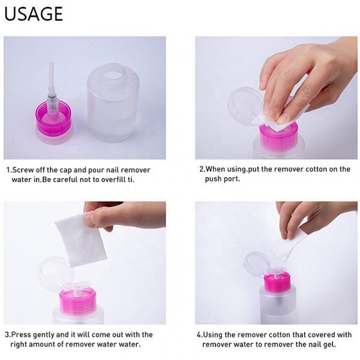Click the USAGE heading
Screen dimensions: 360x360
coord(34,14)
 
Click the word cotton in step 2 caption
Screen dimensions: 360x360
coord(317,169)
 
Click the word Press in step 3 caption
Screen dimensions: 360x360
coord(22,335)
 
